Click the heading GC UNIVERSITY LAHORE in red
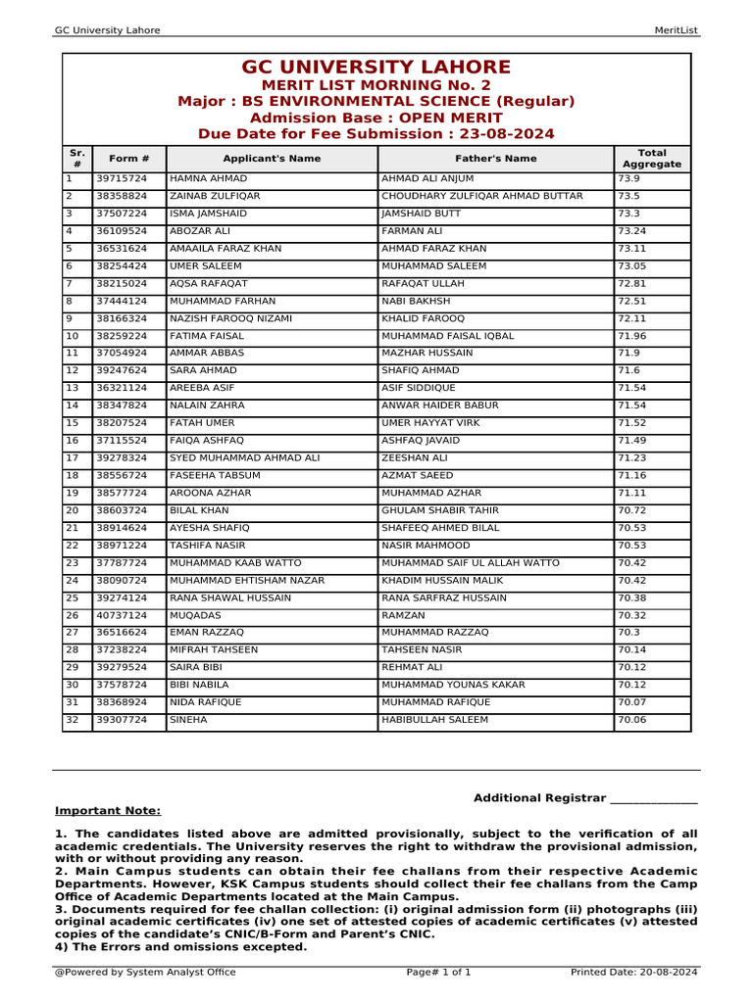[376, 68]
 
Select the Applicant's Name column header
[272, 158]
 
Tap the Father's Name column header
[495, 158]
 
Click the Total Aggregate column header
[652, 159]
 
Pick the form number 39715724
[122, 179]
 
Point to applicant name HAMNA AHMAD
[209, 179]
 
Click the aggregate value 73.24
[632, 231]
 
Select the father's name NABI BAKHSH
[416, 302]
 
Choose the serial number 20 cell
[73, 510]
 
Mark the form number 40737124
[122, 615]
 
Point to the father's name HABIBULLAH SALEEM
[434, 720]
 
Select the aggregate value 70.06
[632, 720]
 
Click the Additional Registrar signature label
[585, 798]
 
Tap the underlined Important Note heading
[108, 811]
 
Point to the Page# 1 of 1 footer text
[438, 973]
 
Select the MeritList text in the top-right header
[676, 30]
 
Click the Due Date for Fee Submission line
[376, 134]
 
